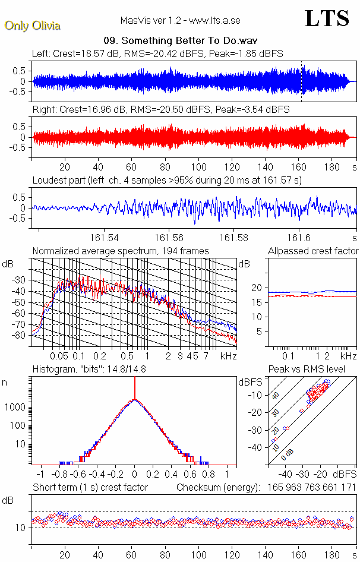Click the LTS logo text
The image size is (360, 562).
pos(327,18)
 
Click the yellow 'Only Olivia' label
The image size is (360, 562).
pos(33,26)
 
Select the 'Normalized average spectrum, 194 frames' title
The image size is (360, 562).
pos(121,251)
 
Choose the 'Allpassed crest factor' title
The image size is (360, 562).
pos(313,251)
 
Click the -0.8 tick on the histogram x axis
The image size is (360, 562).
pos(60,475)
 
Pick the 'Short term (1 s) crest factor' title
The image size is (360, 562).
pos(90,488)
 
